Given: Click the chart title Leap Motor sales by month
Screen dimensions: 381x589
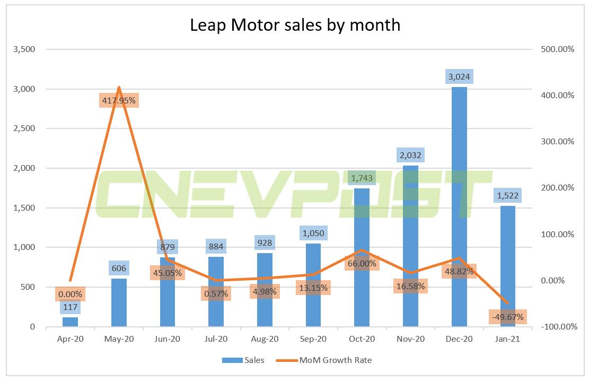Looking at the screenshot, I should [x=295, y=24].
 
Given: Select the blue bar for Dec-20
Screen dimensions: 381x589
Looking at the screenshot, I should [x=459, y=207].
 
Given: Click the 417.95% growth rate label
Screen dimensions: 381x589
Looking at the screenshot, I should [x=119, y=100].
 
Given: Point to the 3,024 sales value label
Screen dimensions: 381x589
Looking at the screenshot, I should [x=459, y=77].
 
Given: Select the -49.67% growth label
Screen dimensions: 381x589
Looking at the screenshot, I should [x=507, y=317].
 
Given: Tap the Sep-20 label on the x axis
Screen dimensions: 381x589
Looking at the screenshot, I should [x=313, y=339].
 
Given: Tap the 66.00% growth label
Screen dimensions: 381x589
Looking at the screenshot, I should [x=362, y=263].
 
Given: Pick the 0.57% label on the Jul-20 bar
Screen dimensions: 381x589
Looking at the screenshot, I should [x=216, y=293].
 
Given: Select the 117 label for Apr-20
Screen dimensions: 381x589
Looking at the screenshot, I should [x=71, y=306].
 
